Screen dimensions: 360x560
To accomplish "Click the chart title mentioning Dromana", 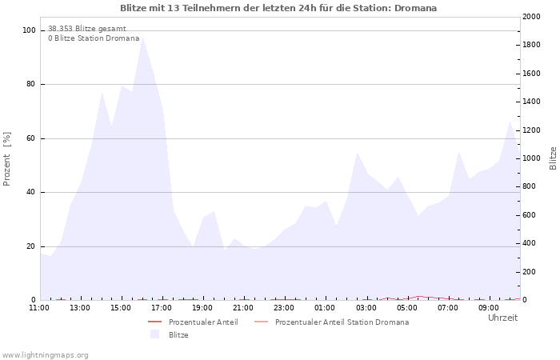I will [278, 8].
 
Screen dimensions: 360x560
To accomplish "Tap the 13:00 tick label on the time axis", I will [80, 307].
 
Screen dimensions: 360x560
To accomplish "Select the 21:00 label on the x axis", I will [243, 307].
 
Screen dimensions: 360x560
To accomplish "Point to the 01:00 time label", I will [325, 307].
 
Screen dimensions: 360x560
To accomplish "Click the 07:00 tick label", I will [448, 307].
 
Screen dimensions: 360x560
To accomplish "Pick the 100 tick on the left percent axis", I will [30, 30].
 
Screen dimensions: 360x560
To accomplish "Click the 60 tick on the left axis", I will [31, 138].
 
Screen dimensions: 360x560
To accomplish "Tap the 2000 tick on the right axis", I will [530, 17].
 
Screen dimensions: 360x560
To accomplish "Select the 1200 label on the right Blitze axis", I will [530, 130].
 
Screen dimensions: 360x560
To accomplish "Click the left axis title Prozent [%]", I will [7, 158].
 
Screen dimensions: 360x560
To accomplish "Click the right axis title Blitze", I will [553, 158].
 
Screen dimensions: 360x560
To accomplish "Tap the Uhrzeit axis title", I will [502, 318].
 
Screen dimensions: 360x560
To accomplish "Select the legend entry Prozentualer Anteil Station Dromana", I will [342, 322].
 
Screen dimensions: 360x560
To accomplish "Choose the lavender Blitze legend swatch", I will [154, 334].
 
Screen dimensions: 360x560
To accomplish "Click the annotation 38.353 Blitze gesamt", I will [86, 29].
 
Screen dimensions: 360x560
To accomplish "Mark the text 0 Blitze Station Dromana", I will [94, 38].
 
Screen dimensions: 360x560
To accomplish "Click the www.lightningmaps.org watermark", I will [46, 354].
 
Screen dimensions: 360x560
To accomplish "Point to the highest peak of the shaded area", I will [142, 38].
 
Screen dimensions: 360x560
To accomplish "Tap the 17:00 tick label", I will [162, 307].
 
